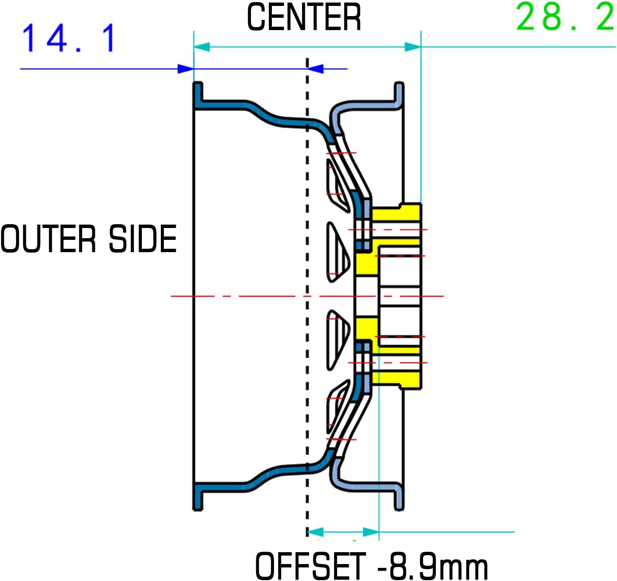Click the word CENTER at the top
pos(304,17)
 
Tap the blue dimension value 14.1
pos(68,38)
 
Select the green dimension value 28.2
pos(565,17)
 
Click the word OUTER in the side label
pos(48,239)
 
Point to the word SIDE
pos(142,239)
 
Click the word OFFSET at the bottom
pos(310,566)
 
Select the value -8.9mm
pos(432,566)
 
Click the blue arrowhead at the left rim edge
pos(185,69)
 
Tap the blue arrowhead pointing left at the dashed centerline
pos(316,69)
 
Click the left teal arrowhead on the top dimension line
pos(202,47)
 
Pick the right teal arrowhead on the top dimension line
pos(412,47)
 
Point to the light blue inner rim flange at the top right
pos(398,95)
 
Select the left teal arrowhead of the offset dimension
pos(315,532)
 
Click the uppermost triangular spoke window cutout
pos(336,184)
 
